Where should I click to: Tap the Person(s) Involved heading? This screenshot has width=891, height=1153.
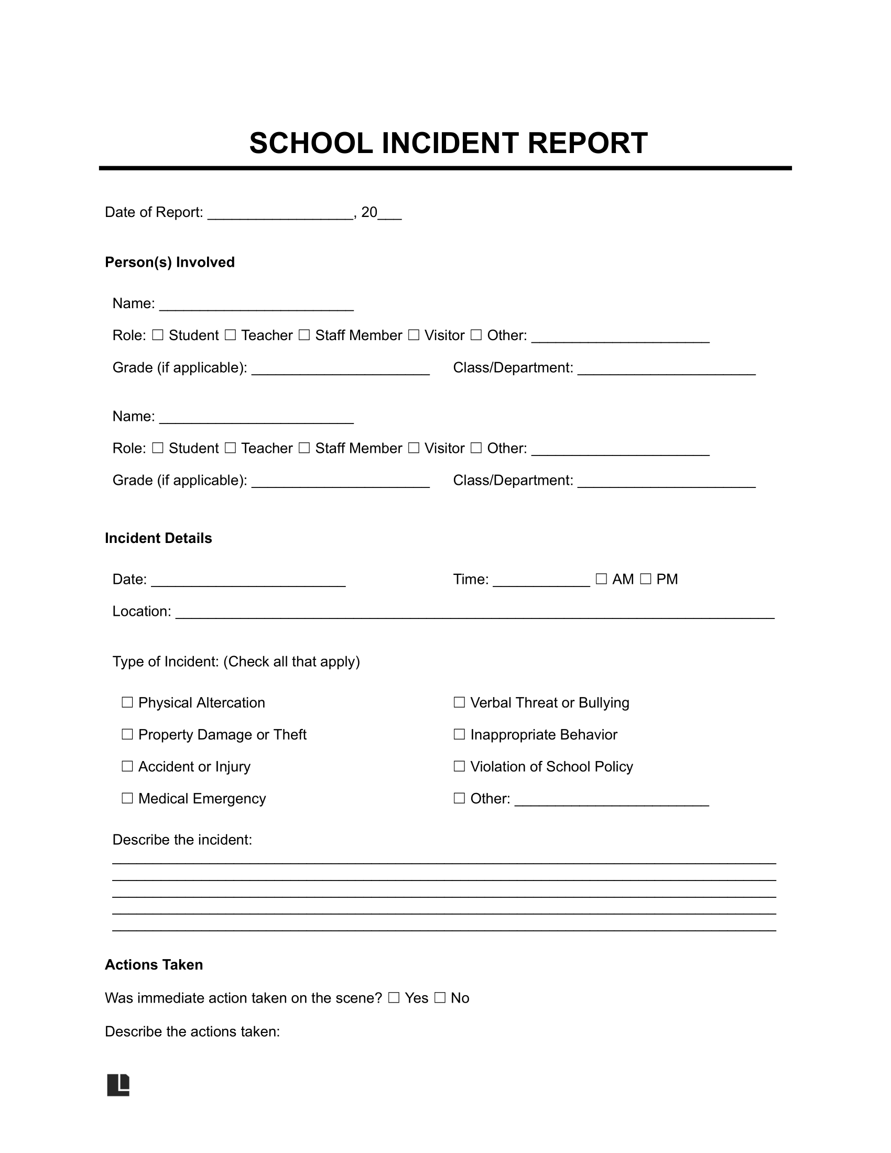click(169, 263)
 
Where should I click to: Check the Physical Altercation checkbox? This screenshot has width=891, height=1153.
click(127, 703)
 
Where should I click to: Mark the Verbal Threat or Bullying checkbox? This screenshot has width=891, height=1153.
click(459, 703)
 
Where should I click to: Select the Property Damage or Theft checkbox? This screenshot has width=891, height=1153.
click(127, 734)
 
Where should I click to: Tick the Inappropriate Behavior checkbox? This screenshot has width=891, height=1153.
click(459, 734)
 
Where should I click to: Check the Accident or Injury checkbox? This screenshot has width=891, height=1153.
click(127, 767)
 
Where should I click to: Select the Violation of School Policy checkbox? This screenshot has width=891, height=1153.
click(459, 767)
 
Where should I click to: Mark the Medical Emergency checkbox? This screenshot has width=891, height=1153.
click(127, 798)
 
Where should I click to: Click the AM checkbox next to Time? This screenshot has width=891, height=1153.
click(601, 579)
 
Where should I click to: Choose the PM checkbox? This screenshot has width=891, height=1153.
click(646, 579)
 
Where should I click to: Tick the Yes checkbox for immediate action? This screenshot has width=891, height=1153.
click(394, 998)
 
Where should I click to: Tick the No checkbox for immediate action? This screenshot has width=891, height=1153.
click(440, 998)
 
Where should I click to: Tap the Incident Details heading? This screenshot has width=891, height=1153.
click(158, 538)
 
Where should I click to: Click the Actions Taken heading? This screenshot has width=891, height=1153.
click(154, 964)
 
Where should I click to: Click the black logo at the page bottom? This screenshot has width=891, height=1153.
click(118, 1085)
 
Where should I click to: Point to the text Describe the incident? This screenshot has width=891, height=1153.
click(182, 840)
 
